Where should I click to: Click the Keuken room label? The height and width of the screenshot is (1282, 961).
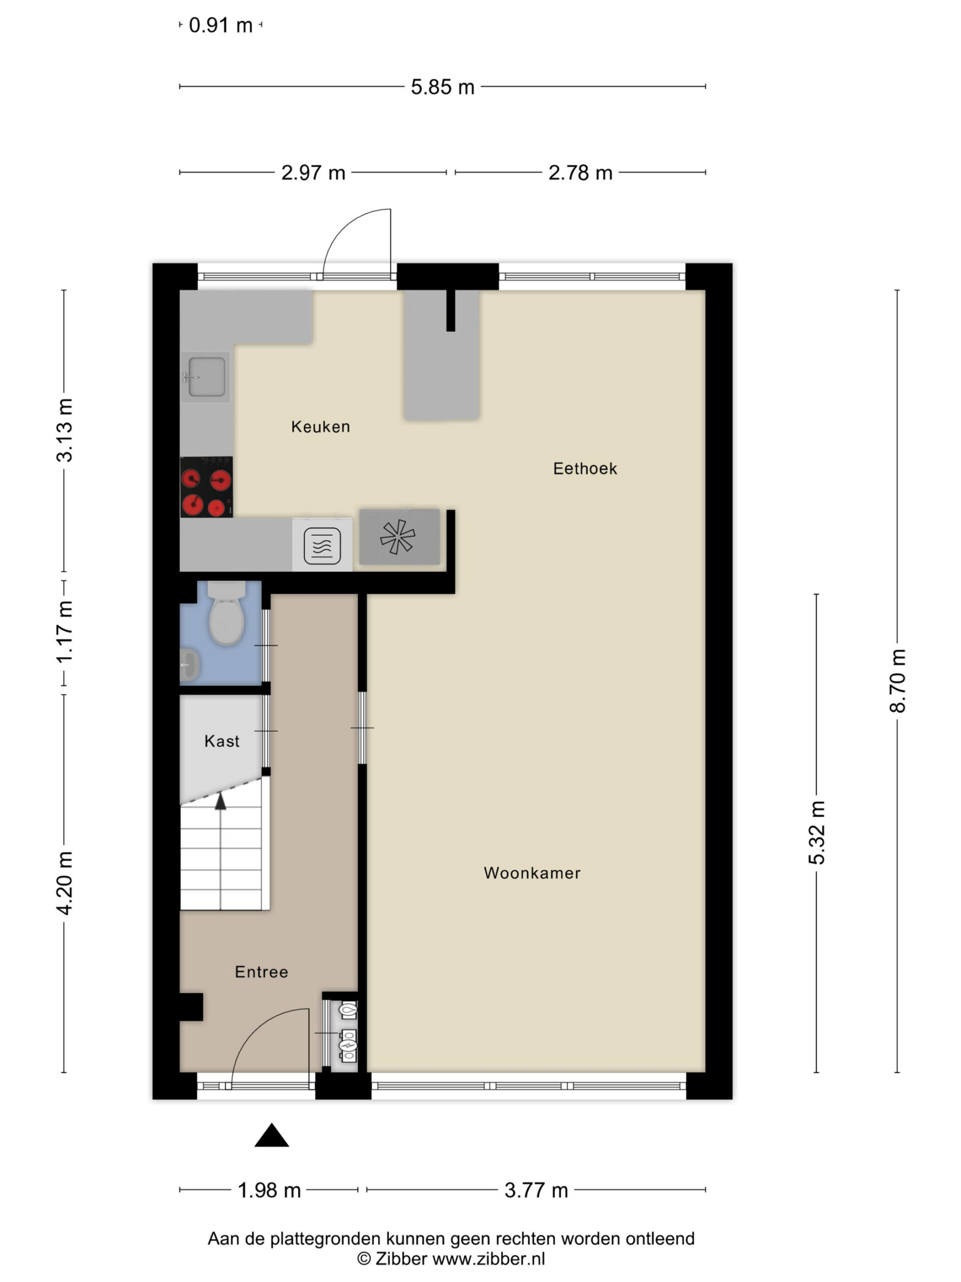click(320, 427)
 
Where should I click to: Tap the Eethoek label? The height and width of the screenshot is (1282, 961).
click(585, 469)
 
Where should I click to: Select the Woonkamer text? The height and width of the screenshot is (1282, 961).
click(532, 873)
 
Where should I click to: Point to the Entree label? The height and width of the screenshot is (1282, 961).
click(261, 972)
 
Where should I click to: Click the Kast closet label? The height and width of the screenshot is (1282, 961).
click(222, 741)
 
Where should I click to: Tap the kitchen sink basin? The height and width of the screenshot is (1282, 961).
click(206, 377)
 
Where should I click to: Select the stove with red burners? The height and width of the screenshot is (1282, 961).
click(206, 487)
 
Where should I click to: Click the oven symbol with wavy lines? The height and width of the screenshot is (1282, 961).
click(322, 546)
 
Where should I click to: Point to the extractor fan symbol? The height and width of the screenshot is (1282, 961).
click(398, 537)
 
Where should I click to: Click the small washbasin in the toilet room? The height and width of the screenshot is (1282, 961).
click(189, 666)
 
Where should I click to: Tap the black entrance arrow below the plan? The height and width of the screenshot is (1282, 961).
click(272, 1135)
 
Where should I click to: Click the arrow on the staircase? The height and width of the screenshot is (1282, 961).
click(220, 803)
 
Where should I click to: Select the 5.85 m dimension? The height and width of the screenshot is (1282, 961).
click(442, 87)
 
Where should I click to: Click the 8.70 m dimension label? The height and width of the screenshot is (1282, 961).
click(897, 681)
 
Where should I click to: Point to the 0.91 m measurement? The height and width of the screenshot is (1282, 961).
click(221, 26)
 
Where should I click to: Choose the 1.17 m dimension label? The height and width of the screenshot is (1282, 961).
click(64, 631)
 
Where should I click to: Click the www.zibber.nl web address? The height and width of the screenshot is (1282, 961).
click(489, 1259)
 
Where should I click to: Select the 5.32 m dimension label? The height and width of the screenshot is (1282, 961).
click(817, 833)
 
